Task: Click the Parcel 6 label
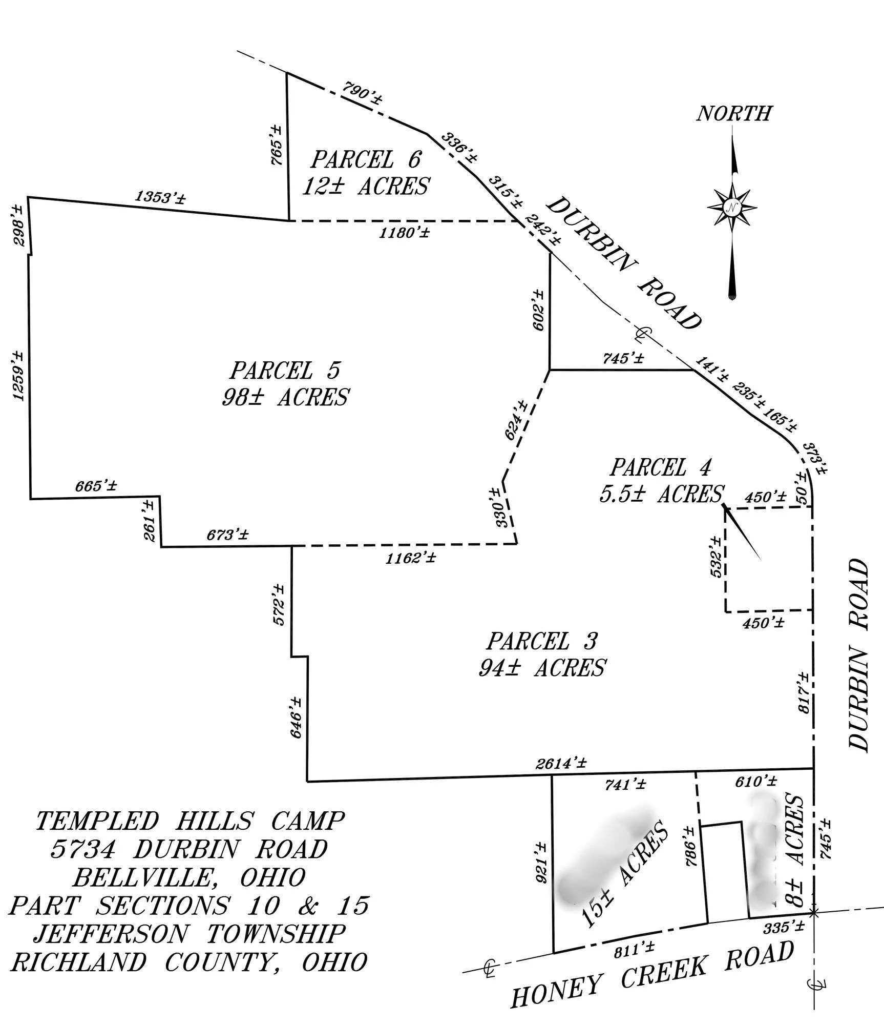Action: click(x=366, y=159)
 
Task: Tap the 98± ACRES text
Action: click(x=285, y=397)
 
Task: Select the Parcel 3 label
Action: click(x=542, y=641)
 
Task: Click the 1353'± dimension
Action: click(x=160, y=197)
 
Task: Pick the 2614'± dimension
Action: click(x=562, y=763)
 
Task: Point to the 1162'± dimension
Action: click(x=411, y=558)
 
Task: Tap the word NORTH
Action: click(x=733, y=114)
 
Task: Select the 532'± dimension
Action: click(x=716, y=557)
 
